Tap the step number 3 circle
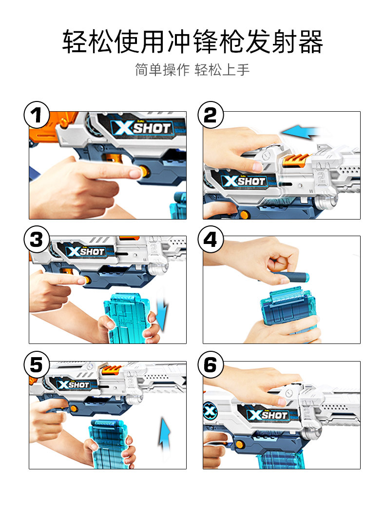[37, 239]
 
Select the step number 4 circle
[211, 239]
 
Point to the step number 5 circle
[37, 364]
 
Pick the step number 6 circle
[211, 364]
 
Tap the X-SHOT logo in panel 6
[268, 415]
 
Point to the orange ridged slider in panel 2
[296, 160]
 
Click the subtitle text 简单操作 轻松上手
[192, 70]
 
